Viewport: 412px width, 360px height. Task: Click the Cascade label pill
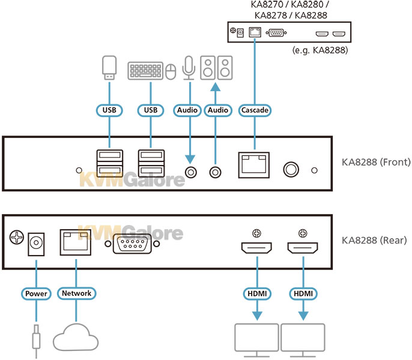255,110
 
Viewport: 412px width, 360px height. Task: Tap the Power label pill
36,293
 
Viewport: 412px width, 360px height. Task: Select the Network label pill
76,293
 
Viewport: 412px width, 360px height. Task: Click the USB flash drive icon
109,68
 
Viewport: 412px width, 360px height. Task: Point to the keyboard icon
145,71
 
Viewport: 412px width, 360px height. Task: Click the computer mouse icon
171,71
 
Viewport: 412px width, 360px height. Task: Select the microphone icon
189,68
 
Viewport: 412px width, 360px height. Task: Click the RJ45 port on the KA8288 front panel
254,165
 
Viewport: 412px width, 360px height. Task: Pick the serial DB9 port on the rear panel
132,244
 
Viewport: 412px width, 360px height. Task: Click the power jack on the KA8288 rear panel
36,244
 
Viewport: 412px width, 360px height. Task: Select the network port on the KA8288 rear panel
76,242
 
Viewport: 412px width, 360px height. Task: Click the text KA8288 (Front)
376,162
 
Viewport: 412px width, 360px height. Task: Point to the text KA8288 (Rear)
374,240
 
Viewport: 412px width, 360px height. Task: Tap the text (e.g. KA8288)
320,50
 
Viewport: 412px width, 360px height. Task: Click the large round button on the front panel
291,169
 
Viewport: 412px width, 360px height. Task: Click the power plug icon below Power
36,341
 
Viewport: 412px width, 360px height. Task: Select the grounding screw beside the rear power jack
17,238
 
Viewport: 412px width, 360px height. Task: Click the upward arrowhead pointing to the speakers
216,87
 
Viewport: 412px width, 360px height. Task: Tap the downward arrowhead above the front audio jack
190,160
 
